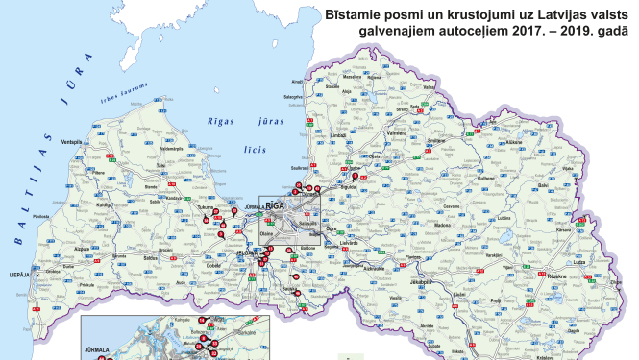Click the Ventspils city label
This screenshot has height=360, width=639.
(72, 142)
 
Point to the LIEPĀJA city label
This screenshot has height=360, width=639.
(18, 275)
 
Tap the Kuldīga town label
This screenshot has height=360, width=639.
(104, 204)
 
